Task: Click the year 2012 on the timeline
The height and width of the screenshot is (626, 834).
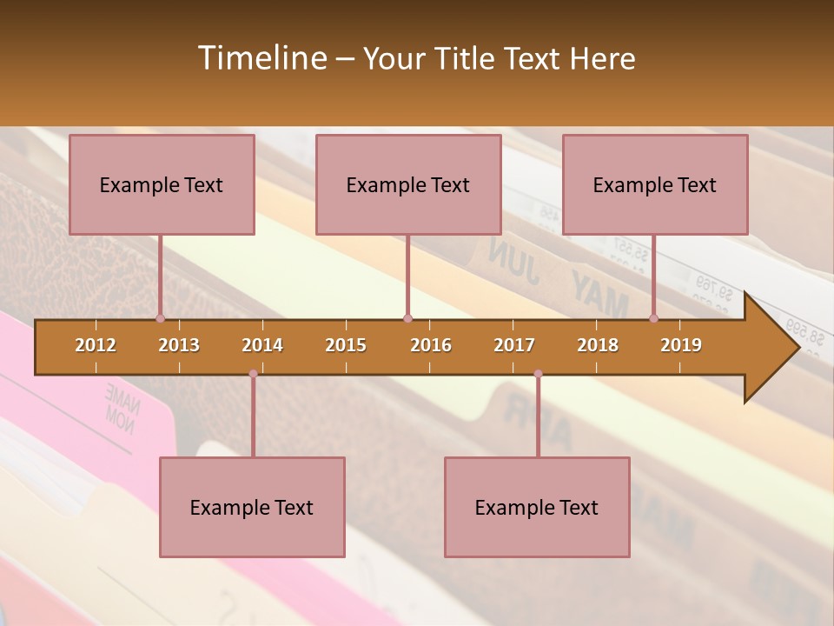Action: pos(96,345)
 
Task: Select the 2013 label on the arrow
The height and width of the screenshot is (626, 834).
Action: pos(179,345)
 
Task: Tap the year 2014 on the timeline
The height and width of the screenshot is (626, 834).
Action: pos(262,345)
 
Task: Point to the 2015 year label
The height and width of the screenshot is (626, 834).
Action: pos(346,345)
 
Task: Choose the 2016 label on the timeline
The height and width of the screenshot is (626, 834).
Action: pos(431,345)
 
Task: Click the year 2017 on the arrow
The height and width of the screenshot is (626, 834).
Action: pos(514,345)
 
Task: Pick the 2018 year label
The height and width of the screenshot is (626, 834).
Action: pos(598,345)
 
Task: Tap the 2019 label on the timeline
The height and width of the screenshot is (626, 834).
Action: pos(681,345)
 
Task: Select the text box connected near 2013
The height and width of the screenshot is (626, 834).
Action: pos(162,184)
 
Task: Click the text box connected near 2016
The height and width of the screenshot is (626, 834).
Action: pos(408,184)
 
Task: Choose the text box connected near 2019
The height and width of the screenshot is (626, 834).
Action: pos(655,184)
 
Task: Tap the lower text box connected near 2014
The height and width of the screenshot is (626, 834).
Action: pos(252,507)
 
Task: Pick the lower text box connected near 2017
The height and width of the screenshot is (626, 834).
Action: pos(537,507)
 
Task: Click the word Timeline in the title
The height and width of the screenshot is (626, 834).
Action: pos(261,58)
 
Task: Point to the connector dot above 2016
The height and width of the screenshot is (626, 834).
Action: pos(408,318)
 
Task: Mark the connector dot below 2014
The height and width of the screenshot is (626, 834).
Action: pos(253,374)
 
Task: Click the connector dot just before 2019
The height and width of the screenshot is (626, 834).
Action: pos(654,318)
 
